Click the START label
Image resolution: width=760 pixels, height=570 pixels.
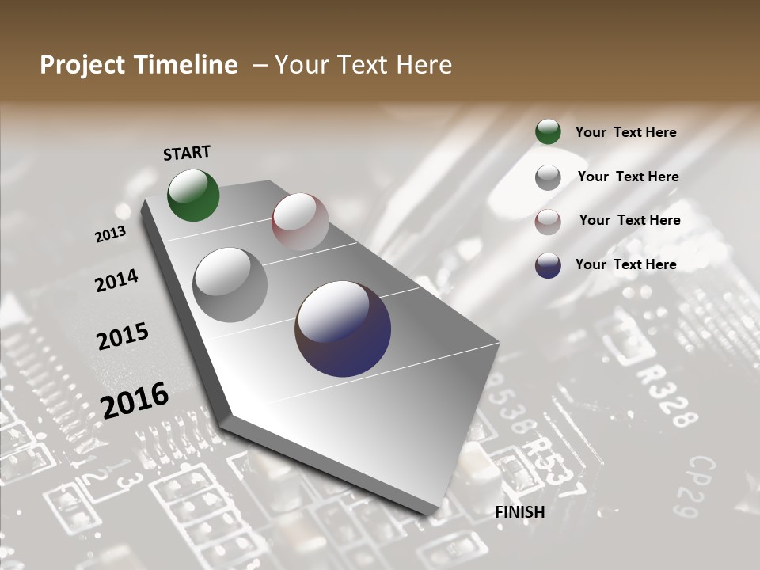[187, 153]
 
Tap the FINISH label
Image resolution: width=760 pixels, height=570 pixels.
[520, 512]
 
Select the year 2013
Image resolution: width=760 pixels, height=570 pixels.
[110, 234]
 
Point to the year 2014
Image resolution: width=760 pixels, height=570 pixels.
[116, 280]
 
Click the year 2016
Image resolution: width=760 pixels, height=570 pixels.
[135, 399]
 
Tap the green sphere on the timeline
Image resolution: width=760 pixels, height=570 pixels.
[193, 195]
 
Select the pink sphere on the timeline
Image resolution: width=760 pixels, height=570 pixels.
[300, 221]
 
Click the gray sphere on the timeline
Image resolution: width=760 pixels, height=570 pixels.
[230, 284]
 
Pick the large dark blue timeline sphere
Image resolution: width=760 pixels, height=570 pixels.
[343, 329]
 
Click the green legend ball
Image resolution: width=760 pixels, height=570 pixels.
[548, 132]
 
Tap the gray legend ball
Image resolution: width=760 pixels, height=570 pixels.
[548, 177]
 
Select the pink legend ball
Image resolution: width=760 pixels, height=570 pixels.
[548, 222]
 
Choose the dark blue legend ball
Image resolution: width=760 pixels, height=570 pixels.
[548, 265]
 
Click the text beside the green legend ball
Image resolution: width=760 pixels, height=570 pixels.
[625, 132]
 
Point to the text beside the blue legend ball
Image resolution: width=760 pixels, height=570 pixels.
[625, 264]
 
